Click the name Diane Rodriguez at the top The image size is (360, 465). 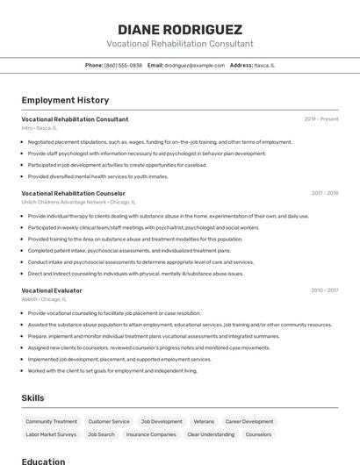pyautogui.click(x=180, y=29)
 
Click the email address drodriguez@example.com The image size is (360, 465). pyautogui.click(x=194, y=65)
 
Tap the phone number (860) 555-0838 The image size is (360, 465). pyautogui.click(x=123, y=65)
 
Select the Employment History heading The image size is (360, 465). pyautogui.click(x=65, y=100)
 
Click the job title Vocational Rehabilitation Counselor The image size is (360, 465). pyautogui.click(x=73, y=193)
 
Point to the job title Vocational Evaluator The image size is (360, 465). pyautogui.click(x=52, y=290)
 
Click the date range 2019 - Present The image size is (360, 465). pyautogui.click(x=321, y=119)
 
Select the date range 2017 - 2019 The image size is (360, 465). pyautogui.click(x=324, y=193)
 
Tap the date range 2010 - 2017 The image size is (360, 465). pyautogui.click(x=324, y=290)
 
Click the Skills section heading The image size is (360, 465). pyautogui.click(x=32, y=398)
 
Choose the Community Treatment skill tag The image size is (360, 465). pyautogui.click(x=51, y=421)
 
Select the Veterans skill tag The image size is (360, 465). pyautogui.click(x=204, y=421)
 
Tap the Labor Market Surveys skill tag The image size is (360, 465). pyautogui.click(x=51, y=434)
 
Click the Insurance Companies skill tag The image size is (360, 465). pyautogui.click(x=151, y=434)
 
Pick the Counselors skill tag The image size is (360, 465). pyautogui.click(x=258, y=434)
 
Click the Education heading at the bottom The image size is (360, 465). pyautogui.click(x=43, y=461)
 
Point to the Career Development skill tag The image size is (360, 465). pyautogui.click(x=249, y=421)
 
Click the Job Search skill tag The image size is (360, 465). pyautogui.click(x=101, y=434)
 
